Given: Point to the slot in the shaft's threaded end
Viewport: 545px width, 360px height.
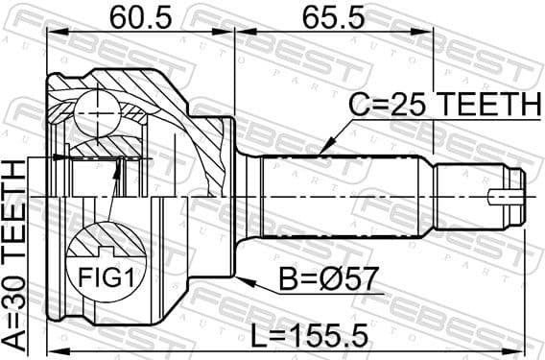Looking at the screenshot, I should [x=503, y=199].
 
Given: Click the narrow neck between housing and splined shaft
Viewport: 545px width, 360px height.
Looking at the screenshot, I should [x=249, y=196].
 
